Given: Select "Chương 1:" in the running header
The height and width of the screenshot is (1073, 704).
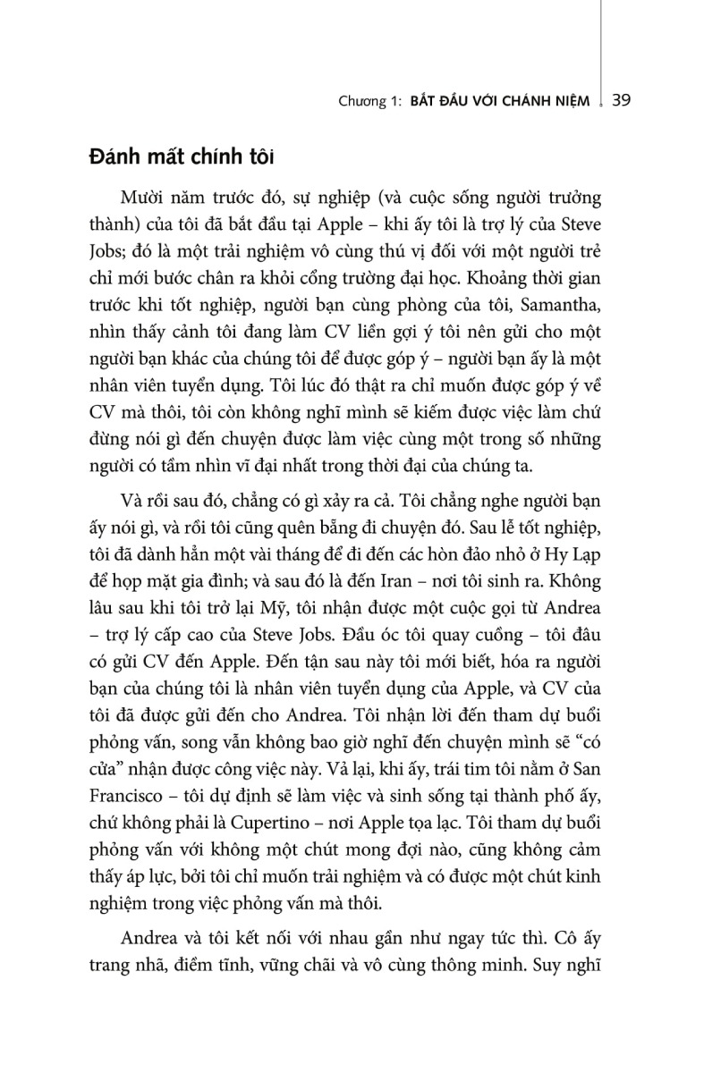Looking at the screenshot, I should [369, 101].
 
